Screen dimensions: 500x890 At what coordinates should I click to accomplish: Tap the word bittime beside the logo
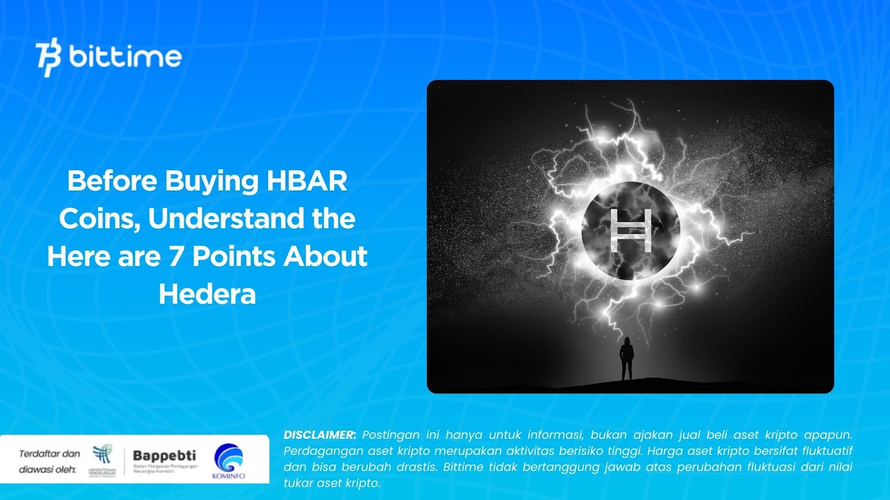tap(126, 57)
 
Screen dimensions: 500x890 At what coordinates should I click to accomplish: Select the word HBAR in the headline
tap(307, 181)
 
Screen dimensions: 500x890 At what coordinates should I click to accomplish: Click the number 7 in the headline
tap(176, 257)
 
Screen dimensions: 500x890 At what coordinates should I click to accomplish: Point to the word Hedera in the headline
tap(207, 294)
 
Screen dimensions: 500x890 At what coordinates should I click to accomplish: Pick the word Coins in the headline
tap(99, 219)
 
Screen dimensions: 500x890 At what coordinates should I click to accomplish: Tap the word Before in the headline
tap(112, 181)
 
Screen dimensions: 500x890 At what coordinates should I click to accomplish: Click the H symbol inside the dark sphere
tap(630, 231)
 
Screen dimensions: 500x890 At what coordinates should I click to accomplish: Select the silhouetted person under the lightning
tap(627, 359)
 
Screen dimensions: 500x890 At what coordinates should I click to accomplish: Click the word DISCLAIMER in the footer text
tap(319, 435)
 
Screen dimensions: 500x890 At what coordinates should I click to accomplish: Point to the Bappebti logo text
tap(164, 456)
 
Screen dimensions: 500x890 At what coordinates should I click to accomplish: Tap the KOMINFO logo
tap(229, 461)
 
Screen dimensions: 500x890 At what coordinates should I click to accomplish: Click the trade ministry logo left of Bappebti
tap(102, 460)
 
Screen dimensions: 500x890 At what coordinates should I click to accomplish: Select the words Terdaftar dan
tap(50, 454)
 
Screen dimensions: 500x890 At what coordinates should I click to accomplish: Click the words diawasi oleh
tap(47, 470)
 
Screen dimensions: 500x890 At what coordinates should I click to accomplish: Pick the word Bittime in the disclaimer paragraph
tap(463, 467)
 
